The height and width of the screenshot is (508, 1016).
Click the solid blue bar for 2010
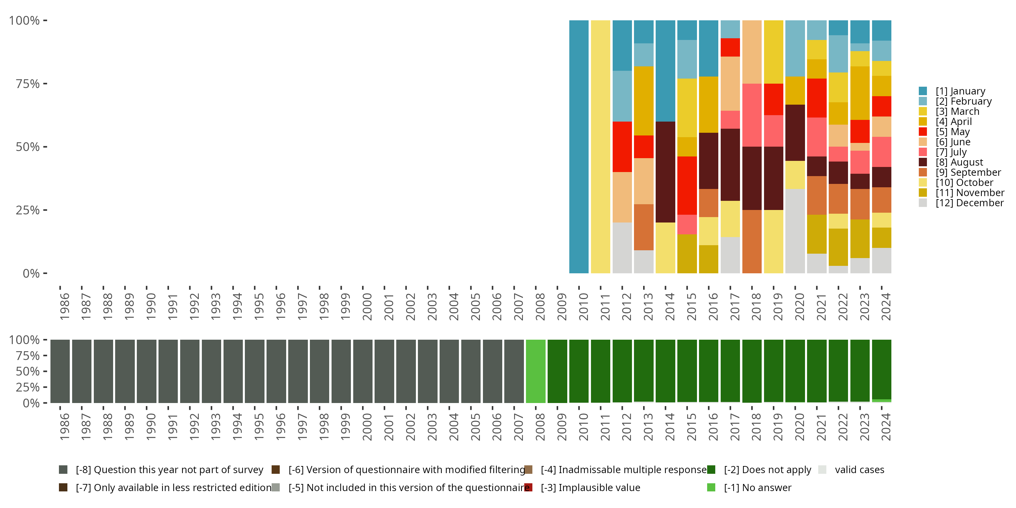click(x=578, y=147)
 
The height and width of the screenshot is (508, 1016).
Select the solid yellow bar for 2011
click(x=600, y=147)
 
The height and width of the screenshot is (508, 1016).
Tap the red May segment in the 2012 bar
click(x=622, y=147)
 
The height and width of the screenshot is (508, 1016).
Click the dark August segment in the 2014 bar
click(x=665, y=172)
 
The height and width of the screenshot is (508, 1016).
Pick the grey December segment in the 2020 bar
click(x=795, y=231)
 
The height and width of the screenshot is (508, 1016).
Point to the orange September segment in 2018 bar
click(x=752, y=241)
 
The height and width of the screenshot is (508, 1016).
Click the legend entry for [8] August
click(x=959, y=162)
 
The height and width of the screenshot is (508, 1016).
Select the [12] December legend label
click(x=970, y=203)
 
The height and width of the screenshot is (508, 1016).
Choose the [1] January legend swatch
click(x=923, y=91)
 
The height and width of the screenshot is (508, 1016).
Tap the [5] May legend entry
click(x=952, y=132)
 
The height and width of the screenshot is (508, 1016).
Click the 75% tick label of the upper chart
click(x=28, y=84)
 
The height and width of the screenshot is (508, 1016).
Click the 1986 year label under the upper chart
click(x=64, y=306)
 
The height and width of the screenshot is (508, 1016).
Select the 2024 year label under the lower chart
click(x=886, y=427)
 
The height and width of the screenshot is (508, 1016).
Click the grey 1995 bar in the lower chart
click(x=254, y=371)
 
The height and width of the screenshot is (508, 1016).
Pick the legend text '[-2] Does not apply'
click(x=767, y=470)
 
